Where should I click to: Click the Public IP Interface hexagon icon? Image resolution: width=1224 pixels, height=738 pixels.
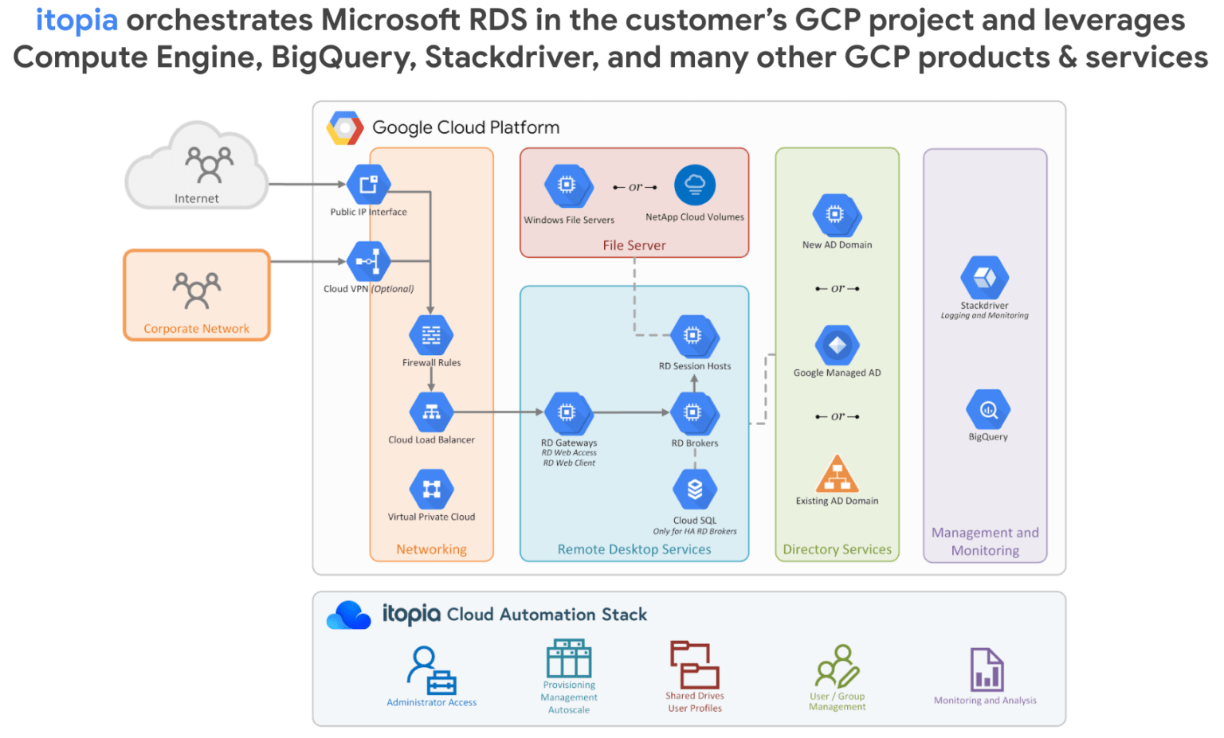tap(368, 185)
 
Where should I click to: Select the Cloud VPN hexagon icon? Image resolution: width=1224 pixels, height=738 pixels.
tap(368, 261)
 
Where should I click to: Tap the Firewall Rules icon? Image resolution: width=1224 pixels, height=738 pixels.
tap(431, 335)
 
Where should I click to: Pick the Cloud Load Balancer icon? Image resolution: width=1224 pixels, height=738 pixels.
tap(431, 412)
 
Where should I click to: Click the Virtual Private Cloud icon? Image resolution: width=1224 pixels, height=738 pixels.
tap(431, 489)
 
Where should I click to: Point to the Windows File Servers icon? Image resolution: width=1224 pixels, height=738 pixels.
tap(567, 185)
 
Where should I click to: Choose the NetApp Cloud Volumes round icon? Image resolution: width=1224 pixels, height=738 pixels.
tap(694, 185)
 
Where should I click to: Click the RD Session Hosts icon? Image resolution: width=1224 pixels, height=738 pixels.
tap(693, 336)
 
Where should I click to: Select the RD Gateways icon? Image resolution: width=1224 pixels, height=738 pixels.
tap(567, 412)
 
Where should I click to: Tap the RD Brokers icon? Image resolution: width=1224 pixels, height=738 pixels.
tap(693, 412)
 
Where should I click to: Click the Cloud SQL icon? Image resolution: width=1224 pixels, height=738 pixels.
tap(694, 489)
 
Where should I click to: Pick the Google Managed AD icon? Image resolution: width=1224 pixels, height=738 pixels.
tap(837, 346)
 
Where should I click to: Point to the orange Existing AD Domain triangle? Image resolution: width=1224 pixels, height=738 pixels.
tap(837, 475)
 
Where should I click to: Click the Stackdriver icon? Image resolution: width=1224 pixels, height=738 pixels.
tap(984, 278)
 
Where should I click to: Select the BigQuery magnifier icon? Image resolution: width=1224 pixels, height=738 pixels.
tap(988, 410)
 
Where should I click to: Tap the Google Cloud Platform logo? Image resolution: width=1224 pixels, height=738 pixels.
tap(345, 127)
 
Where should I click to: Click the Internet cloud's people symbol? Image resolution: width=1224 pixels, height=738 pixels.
tap(209, 163)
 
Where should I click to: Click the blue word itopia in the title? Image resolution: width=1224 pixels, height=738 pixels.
tap(76, 20)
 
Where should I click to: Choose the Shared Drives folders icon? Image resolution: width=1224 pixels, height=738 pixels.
tap(694, 665)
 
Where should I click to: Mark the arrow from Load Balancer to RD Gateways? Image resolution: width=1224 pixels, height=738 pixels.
tap(498, 412)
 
